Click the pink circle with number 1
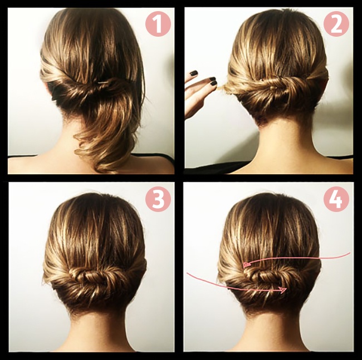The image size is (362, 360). tap(158, 24)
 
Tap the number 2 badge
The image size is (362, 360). tap(336, 24)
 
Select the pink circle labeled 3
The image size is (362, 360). tap(158, 199)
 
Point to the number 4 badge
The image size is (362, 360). tap(336, 199)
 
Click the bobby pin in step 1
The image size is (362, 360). tap(102, 82)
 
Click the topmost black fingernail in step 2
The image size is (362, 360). tap(194, 73)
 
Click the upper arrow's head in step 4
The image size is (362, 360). tap(247, 264)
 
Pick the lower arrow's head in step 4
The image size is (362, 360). tap(283, 290)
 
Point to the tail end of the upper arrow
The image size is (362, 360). tap(350, 253)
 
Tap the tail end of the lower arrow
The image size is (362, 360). tap(188, 274)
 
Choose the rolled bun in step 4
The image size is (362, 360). tap(266, 277)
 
